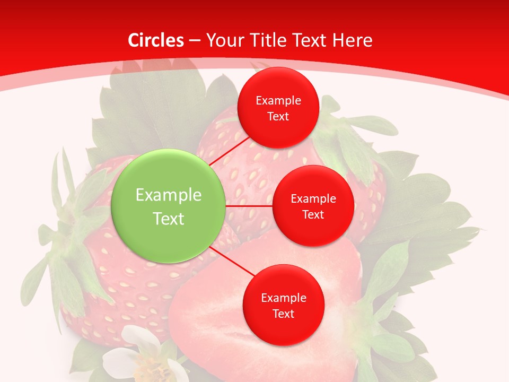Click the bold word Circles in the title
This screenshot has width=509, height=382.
tap(155, 40)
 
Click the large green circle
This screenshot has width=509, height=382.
tap(169, 206)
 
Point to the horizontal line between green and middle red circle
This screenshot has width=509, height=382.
tap(249, 206)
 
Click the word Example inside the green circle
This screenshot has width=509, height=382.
tap(169, 195)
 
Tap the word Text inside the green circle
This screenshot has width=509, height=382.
tap(169, 219)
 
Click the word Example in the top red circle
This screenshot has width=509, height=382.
tap(278, 101)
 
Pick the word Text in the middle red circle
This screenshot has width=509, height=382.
tap(313, 215)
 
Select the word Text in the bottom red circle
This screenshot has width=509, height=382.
tap(283, 314)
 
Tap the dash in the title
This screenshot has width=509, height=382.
tap(195, 40)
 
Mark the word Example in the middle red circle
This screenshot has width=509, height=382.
tap(313, 199)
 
